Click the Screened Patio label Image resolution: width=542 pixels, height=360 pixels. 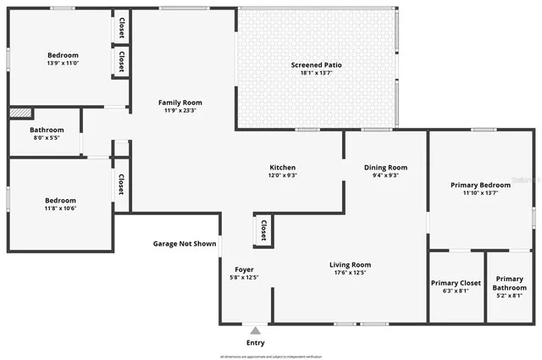[317, 65]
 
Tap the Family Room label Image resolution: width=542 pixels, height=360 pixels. [180, 102]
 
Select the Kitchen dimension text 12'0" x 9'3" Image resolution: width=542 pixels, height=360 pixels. [282, 175]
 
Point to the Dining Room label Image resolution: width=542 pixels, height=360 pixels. [385, 167]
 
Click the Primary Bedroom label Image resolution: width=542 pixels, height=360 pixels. [480, 185]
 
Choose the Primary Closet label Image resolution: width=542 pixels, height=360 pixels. [456, 283]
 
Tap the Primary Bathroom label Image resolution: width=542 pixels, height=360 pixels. [510, 283]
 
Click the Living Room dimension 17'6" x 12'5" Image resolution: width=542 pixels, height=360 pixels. [350, 273]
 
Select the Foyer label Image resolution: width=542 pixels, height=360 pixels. [244, 269]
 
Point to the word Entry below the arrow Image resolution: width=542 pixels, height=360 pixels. [255, 343]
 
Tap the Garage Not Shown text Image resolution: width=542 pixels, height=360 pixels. [185, 244]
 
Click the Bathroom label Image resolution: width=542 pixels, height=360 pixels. [47, 130]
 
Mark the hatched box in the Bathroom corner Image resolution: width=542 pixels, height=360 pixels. [20, 113]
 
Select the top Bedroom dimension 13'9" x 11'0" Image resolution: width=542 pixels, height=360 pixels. [63, 63]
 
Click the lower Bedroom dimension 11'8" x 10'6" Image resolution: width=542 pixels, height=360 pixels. [60, 208]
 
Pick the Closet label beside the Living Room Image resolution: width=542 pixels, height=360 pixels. [263, 229]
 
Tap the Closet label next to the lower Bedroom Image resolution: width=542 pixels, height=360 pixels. [121, 184]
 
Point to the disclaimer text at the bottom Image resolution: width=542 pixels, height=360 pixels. [271, 357]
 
